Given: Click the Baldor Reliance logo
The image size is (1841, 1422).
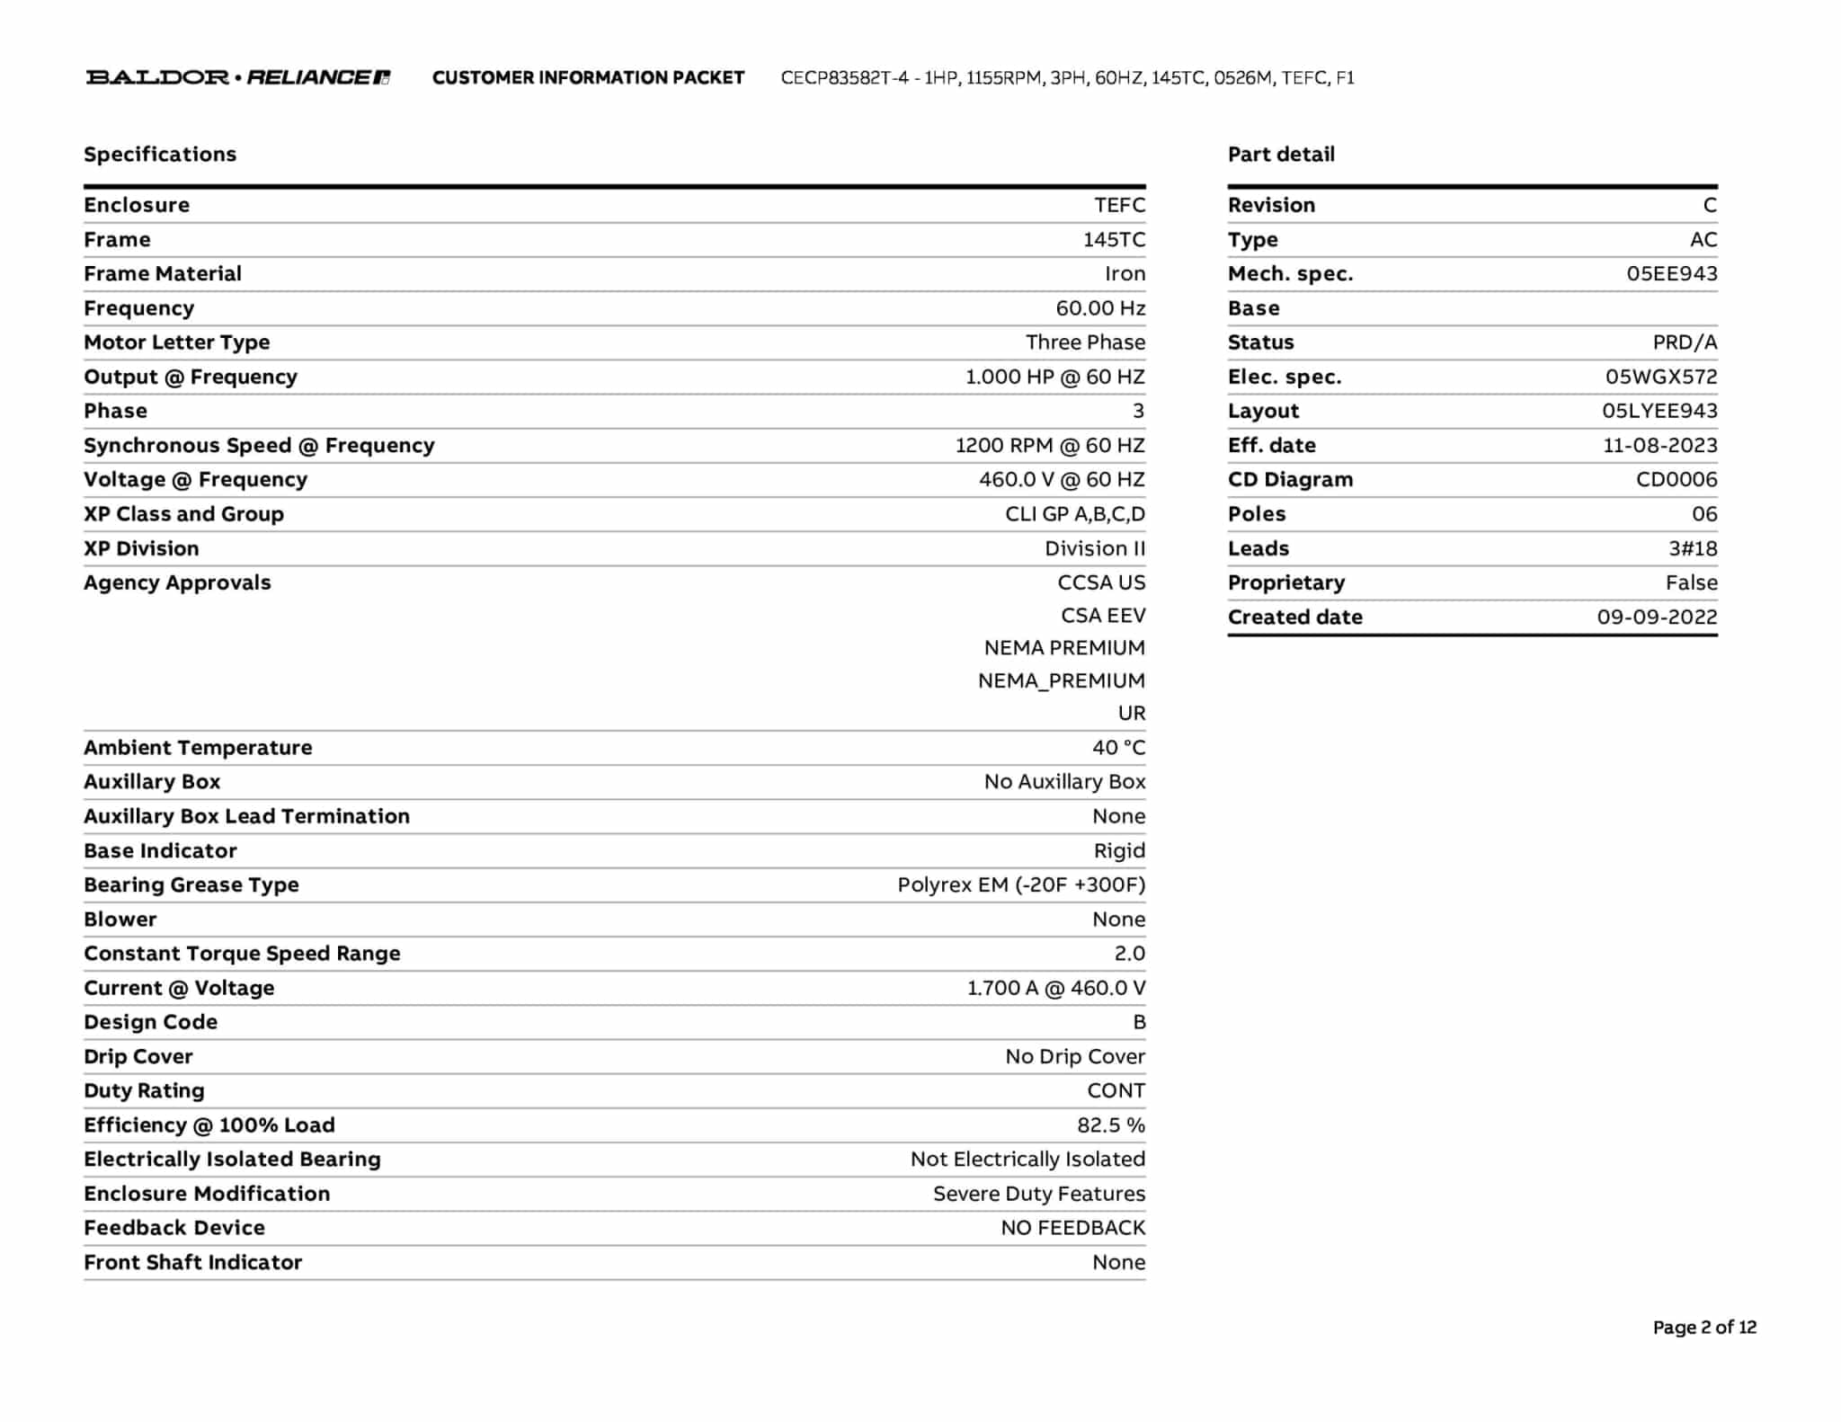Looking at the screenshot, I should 238,77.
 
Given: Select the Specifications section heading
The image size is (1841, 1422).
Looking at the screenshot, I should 160,155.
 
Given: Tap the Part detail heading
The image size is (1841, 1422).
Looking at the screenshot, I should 1281,155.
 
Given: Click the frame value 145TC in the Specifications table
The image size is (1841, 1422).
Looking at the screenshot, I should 1114,240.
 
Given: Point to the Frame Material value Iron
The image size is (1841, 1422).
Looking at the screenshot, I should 1125,274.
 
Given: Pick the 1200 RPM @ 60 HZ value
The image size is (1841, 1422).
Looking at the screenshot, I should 1050,446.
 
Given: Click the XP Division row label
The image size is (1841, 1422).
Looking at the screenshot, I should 141,548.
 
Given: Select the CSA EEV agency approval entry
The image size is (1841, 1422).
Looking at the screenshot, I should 1103,616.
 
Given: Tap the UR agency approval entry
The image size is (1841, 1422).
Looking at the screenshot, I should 1132,714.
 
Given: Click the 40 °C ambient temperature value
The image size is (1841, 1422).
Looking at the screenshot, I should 1118,748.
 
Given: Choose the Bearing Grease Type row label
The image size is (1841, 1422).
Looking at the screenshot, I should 191,885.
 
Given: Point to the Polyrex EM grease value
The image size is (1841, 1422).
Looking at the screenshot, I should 1021,885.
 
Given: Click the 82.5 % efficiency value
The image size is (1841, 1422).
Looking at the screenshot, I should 1111,1125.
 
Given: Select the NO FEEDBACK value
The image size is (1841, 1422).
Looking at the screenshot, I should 1073,1228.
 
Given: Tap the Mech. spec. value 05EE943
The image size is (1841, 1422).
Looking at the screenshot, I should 1671,274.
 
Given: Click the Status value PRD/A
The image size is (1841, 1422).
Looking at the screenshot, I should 1685,342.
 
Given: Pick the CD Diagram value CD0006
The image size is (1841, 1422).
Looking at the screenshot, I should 1676,480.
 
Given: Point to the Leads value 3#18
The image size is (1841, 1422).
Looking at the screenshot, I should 1693,548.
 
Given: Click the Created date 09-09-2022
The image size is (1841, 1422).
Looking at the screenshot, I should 1657,618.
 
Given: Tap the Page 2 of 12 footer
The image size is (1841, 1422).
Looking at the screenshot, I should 1703,1328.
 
